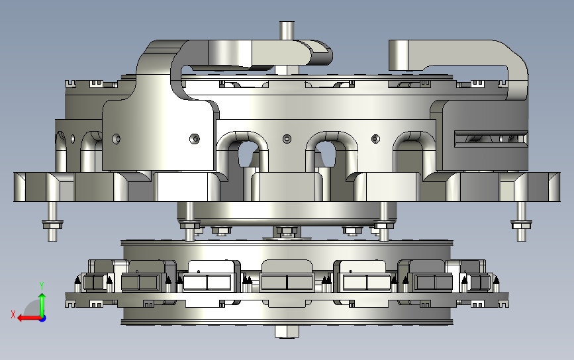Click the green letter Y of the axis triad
pyautogui.click(x=42, y=286)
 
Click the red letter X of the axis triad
pyautogui.click(x=13, y=314)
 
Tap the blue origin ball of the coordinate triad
pyautogui.click(x=42, y=319)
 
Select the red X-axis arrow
pyautogui.click(x=29, y=318)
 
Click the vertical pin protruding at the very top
pyautogui.click(x=287, y=30)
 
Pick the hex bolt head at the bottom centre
pyautogui.click(x=287, y=332)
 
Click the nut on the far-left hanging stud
pyautogui.click(x=52, y=224)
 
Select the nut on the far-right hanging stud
pyautogui.click(x=521, y=224)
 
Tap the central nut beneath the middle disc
pyautogui.click(x=287, y=231)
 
